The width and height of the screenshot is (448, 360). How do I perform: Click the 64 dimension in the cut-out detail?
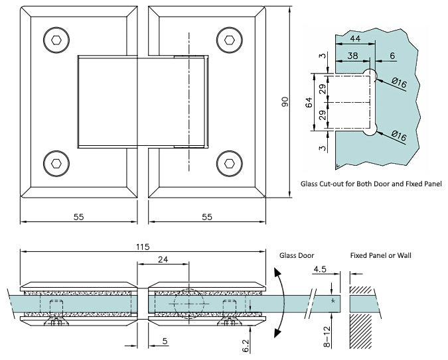pos(308,103)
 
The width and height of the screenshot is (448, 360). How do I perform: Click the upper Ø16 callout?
pos(399,82)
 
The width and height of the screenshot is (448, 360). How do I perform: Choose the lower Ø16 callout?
pos(399,135)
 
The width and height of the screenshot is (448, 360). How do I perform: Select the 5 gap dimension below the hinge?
pos(164,342)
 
